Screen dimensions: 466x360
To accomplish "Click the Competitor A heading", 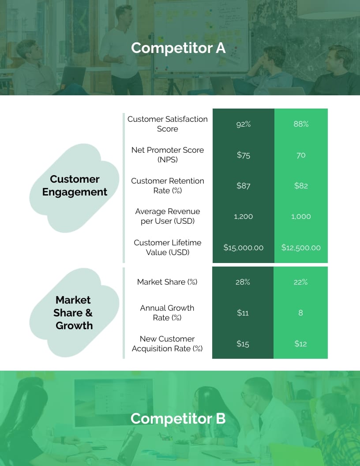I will click(x=178, y=48).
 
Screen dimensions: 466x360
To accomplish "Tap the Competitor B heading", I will click(x=178, y=418).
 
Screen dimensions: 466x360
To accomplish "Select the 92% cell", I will click(x=243, y=124).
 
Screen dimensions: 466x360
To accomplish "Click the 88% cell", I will click(x=301, y=124).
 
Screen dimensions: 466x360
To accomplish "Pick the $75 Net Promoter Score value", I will click(x=243, y=155).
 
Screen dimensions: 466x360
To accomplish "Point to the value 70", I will click(x=301, y=155).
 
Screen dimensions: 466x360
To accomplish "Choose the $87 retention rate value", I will click(x=243, y=186).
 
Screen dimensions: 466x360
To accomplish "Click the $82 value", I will click(x=301, y=186).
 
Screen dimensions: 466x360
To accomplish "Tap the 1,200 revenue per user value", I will click(x=243, y=217).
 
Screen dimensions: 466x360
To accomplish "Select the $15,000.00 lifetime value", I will click(x=243, y=248).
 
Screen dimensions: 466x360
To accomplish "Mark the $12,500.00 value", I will click(x=301, y=248).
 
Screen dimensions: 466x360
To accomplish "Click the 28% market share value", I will click(x=243, y=282).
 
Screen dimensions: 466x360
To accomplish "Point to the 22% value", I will click(x=301, y=282).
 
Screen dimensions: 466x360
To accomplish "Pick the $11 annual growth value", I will click(x=243, y=313).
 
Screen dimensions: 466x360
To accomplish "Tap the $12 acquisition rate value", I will click(x=301, y=344).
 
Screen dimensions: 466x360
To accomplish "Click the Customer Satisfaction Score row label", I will click(x=168, y=124).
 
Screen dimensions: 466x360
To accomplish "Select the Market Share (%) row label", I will click(x=167, y=282).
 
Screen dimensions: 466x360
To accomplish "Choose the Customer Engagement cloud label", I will click(x=75, y=185).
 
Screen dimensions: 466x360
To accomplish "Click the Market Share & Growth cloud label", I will click(x=73, y=312).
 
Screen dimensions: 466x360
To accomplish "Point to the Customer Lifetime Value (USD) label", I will click(x=168, y=248).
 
